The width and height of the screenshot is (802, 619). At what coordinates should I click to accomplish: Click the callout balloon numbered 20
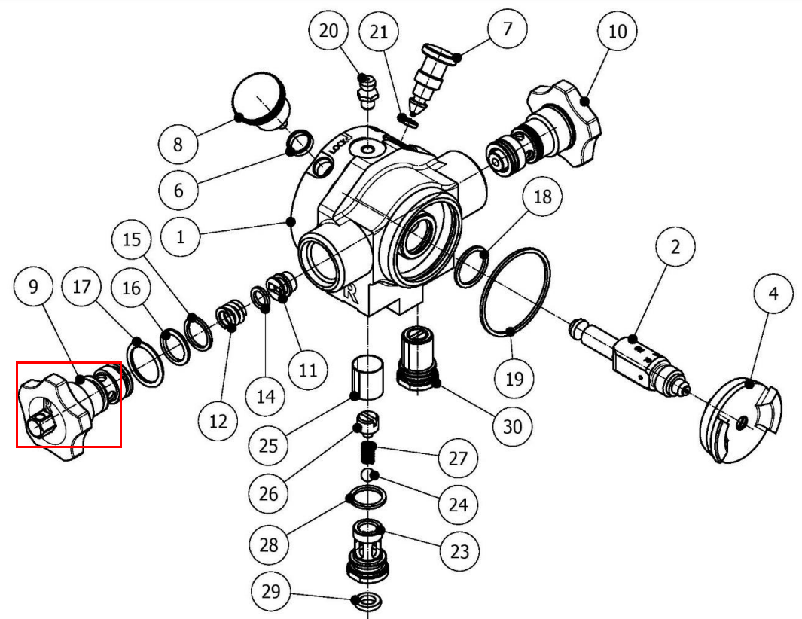point(328,31)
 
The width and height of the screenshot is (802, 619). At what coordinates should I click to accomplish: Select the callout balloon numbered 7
point(507,29)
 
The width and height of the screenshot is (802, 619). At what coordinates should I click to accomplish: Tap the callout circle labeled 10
point(617,31)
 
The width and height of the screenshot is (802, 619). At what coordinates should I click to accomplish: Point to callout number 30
point(513,426)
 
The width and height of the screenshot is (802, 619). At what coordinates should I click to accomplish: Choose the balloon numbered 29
point(270,591)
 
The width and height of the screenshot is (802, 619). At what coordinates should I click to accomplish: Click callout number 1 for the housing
point(180,237)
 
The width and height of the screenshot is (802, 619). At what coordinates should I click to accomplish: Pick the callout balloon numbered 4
point(773,294)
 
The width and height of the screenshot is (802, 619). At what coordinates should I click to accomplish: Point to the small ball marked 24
point(368,474)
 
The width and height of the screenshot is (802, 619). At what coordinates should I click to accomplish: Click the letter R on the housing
point(351,293)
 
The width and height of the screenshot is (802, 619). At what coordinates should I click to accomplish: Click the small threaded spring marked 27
point(368,450)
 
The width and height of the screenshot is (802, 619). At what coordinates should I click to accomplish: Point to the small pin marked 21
point(408,120)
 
